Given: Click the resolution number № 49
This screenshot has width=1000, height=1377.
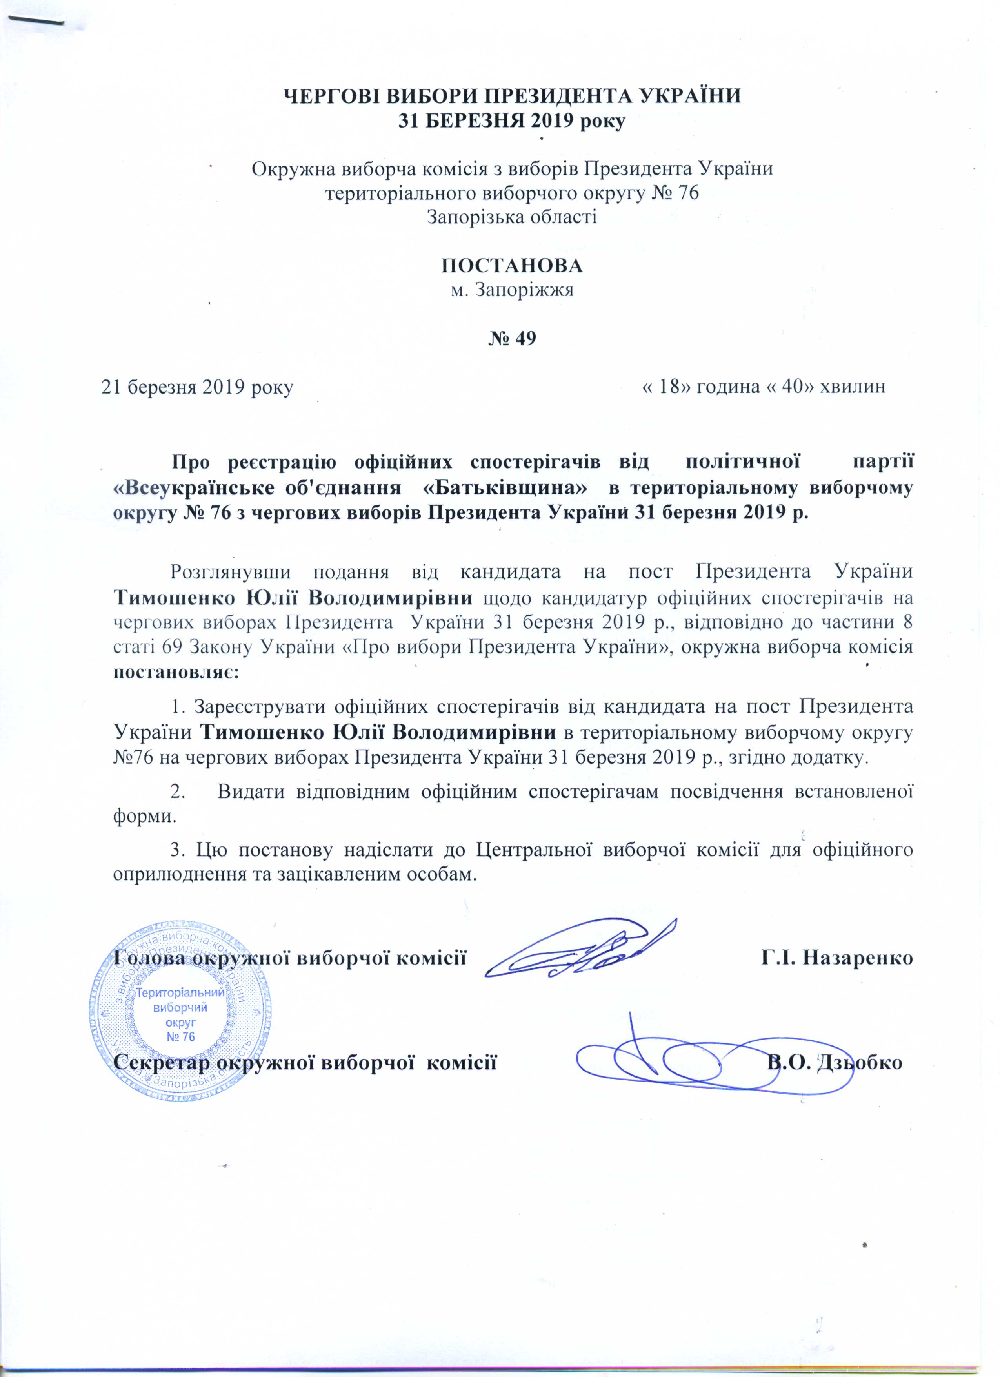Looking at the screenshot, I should (x=512, y=339).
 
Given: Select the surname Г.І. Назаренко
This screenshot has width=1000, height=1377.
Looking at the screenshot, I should (x=837, y=959).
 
